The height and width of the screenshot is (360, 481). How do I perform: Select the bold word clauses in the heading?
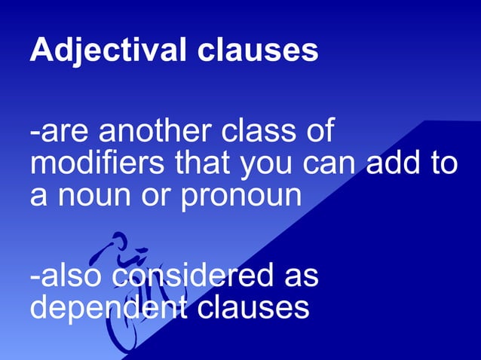coord(257,50)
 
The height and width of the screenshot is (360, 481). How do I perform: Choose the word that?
coord(205,163)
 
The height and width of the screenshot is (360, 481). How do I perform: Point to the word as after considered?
coord(300,276)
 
